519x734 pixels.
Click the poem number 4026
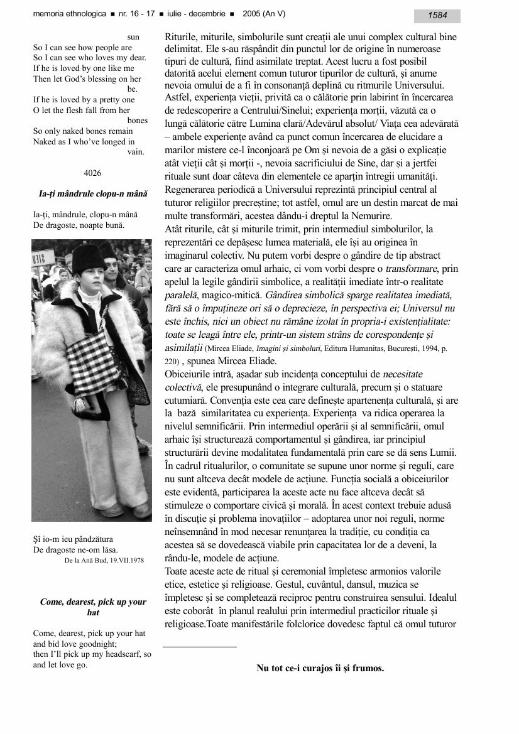pyautogui.click(x=92, y=173)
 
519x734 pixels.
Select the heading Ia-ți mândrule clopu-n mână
pyautogui.click(x=92, y=194)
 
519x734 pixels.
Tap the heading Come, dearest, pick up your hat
pyautogui.click(x=93, y=607)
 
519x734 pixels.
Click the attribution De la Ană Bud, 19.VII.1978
pyautogui.click(x=104, y=560)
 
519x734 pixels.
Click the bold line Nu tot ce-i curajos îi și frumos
pyautogui.click(x=320, y=668)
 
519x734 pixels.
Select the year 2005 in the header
pyautogui.click(x=250, y=14)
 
